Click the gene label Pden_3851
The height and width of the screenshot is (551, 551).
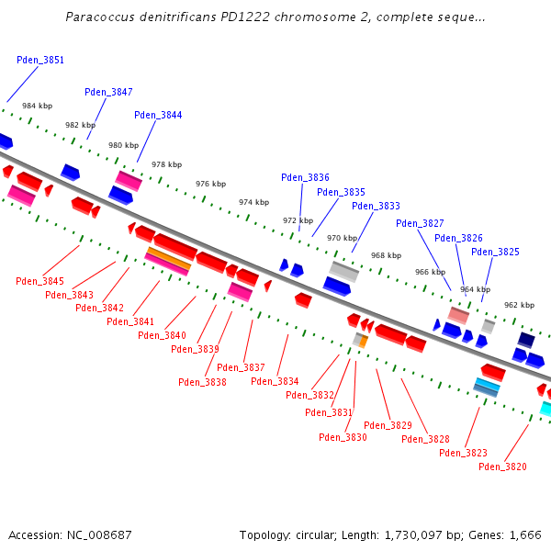click(x=40, y=60)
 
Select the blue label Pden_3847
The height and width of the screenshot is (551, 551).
click(x=108, y=92)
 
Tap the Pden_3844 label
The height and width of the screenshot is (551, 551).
click(x=158, y=115)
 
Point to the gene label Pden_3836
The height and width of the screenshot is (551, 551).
click(x=305, y=177)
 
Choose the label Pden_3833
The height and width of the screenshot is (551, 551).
click(x=376, y=207)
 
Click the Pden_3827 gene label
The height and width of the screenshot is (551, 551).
click(x=420, y=223)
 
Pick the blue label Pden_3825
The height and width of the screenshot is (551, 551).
click(x=495, y=252)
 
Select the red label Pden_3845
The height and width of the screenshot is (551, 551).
click(x=39, y=281)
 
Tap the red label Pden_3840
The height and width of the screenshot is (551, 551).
click(x=162, y=335)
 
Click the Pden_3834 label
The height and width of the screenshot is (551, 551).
click(x=275, y=381)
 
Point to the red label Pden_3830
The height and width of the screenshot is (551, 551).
click(x=343, y=437)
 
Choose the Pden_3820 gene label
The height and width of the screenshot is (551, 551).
click(x=502, y=467)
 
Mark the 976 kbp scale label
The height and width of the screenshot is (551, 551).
click(x=210, y=184)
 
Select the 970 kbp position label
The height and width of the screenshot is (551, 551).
click(x=342, y=238)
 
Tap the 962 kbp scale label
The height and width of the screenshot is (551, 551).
click(x=519, y=305)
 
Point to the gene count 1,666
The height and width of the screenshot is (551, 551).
click(x=524, y=534)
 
